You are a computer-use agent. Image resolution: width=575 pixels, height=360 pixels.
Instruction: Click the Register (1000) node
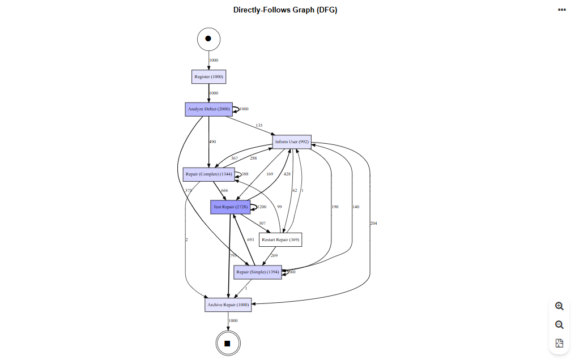(208, 76)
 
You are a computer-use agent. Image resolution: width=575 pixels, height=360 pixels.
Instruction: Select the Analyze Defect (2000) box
(208, 109)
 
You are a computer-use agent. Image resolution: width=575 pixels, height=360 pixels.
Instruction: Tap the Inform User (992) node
(291, 142)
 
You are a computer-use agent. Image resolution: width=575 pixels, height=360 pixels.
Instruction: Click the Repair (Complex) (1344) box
(208, 174)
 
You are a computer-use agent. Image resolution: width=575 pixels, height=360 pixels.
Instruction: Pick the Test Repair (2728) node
(231, 207)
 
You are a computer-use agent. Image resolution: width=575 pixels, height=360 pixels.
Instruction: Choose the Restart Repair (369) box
(280, 240)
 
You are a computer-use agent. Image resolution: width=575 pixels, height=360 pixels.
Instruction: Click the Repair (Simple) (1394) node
(258, 272)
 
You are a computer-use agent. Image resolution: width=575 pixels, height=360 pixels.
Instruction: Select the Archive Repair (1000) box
(228, 305)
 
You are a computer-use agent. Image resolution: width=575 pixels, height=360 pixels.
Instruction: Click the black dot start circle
(208, 38)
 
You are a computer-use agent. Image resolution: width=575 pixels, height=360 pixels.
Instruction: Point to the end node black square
(228, 343)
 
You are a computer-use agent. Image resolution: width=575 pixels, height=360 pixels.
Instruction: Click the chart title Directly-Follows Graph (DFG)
(285, 10)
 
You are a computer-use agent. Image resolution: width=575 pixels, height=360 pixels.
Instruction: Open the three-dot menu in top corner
(561, 10)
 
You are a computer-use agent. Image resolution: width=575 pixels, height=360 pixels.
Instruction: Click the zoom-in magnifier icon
(559, 306)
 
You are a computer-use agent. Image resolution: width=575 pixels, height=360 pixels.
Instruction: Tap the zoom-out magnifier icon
(559, 325)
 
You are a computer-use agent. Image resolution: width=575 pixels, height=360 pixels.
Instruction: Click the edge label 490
(212, 142)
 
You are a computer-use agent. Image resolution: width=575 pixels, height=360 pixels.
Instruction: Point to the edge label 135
(259, 126)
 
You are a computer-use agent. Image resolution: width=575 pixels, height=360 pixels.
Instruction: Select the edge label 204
(373, 223)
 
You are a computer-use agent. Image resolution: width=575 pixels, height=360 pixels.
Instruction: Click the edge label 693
(250, 240)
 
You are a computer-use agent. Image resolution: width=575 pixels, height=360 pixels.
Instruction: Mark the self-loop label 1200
(262, 207)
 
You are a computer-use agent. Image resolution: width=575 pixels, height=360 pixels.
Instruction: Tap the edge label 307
(262, 224)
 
